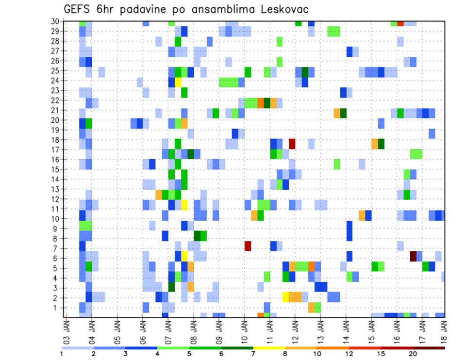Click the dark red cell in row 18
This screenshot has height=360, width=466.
click(292, 144)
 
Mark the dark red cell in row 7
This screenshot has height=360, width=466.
click(248, 246)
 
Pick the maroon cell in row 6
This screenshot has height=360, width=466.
click(413, 256)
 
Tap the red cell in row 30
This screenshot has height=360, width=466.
click(400, 23)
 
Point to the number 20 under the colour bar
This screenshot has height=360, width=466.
click(413, 354)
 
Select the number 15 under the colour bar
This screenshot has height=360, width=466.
click(381, 354)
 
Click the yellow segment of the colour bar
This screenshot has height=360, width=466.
click(269, 347)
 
